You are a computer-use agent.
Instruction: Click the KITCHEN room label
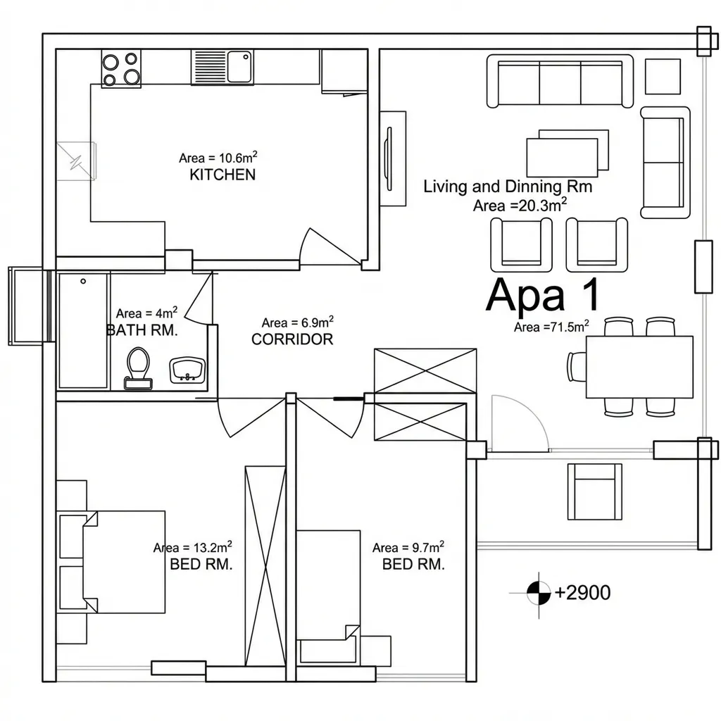click(x=222, y=175)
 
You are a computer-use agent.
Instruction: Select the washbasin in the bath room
click(x=187, y=370)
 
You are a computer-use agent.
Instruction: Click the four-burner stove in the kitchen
click(x=121, y=68)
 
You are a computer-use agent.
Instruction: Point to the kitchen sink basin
click(x=239, y=67)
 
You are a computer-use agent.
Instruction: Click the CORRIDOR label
click(x=292, y=339)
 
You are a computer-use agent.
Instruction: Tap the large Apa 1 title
click(x=543, y=295)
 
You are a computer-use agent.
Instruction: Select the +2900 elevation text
click(x=582, y=593)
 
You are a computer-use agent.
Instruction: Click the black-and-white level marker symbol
click(x=539, y=593)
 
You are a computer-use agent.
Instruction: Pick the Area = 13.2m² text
click(x=193, y=547)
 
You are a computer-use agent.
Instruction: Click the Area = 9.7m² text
click(x=408, y=547)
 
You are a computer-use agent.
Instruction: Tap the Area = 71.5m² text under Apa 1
click(x=551, y=327)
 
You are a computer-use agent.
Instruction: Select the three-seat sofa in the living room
click(x=560, y=81)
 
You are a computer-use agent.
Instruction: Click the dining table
click(x=639, y=367)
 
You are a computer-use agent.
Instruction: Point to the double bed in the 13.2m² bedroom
click(x=124, y=561)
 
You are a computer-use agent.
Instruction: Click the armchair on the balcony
click(x=594, y=491)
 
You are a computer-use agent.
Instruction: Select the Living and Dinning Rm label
click(x=508, y=187)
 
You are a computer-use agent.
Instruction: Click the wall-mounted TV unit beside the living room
click(x=393, y=158)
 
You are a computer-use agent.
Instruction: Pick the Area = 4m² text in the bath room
click(x=146, y=313)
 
